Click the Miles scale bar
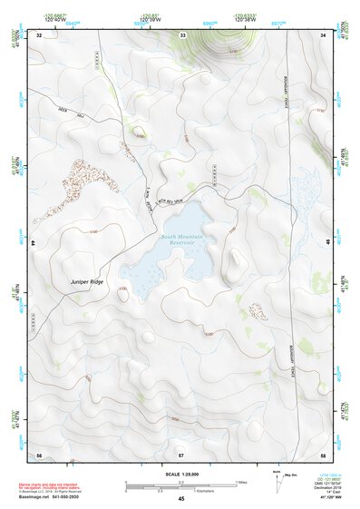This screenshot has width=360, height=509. (x=181, y=483)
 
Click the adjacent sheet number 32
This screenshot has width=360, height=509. (x=39, y=34)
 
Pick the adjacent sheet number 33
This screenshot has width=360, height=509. (x=182, y=34)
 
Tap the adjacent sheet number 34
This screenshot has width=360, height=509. (x=323, y=34)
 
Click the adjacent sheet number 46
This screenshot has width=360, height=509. (x=327, y=242)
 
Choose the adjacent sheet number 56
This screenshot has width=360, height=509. (x=39, y=453)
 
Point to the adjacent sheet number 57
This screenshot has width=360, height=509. (x=181, y=453)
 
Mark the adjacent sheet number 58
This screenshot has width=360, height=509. (x=323, y=453)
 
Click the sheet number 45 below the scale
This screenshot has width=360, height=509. (x=181, y=499)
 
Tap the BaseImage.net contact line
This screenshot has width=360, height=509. (x=53, y=497)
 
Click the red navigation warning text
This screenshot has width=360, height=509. (x=53, y=486)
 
